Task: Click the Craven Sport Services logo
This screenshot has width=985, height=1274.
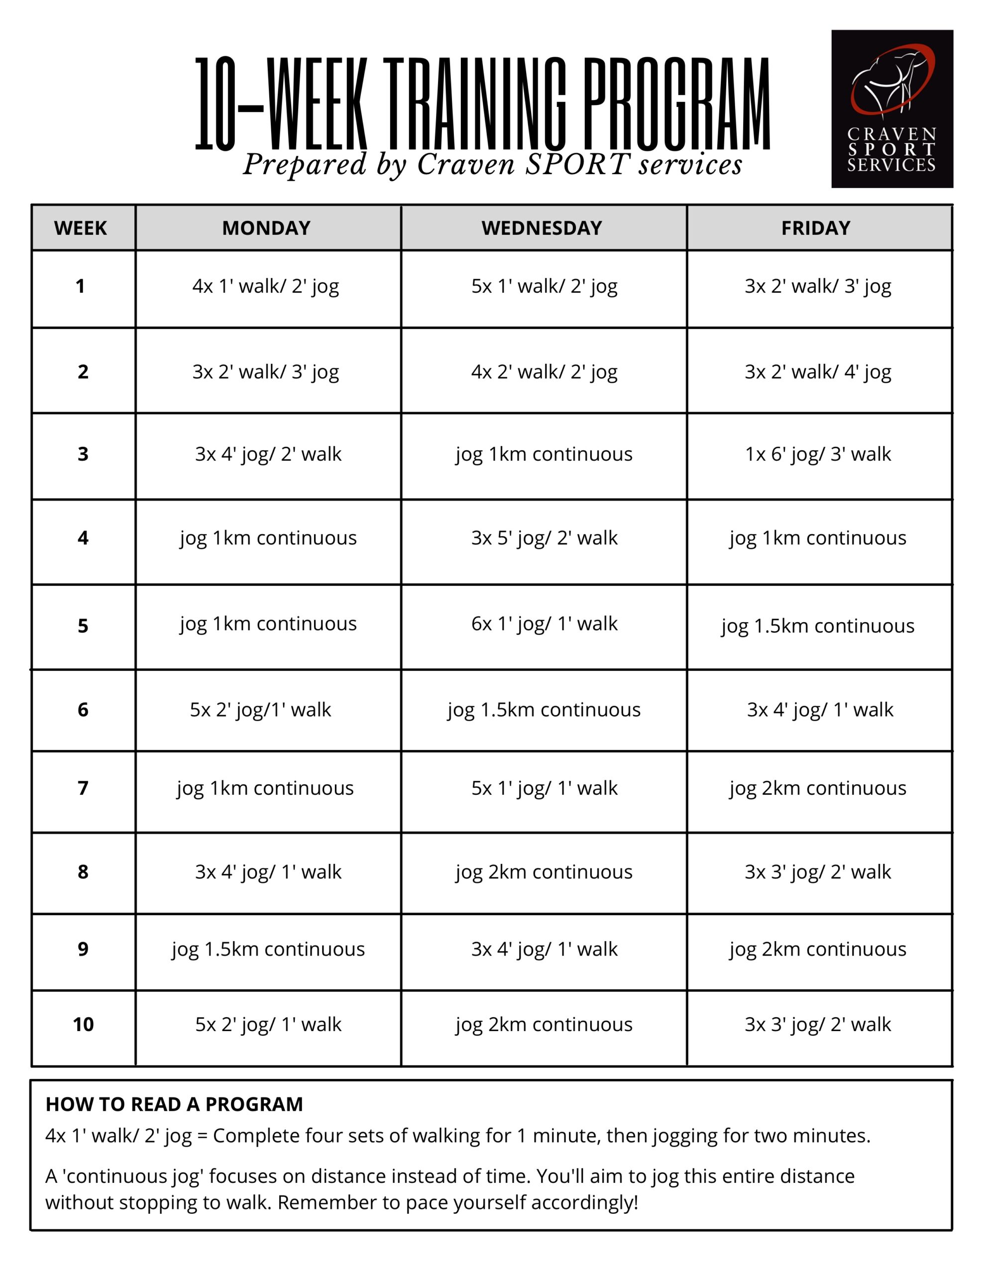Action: pos(891,108)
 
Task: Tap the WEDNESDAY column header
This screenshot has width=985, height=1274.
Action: pos(542,228)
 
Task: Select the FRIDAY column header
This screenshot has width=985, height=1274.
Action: pos(816,228)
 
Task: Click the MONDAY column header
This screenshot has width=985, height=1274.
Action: pos(266,228)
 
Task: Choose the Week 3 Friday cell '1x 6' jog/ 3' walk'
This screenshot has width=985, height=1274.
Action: pos(818,454)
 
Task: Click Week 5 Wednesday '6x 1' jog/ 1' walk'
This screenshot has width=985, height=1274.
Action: pos(544,624)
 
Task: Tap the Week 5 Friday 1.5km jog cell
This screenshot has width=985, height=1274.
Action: pos(818,627)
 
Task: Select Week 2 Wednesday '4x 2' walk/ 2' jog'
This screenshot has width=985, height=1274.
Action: pos(544,372)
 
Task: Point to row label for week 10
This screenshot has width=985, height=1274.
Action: pos(83,1025)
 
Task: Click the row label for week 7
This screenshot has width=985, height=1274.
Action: pos(83,789)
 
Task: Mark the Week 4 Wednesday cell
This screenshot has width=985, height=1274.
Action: pos(544,538)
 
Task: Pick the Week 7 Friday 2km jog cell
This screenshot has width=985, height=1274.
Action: pos(818,789)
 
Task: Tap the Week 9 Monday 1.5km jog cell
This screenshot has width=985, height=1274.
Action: pos(268,950)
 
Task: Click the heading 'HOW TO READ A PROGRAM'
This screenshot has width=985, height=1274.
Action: pos(174,1104)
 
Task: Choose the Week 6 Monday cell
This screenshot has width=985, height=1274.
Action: pos(260,710)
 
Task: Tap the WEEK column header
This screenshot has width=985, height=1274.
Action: pos(81,228)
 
